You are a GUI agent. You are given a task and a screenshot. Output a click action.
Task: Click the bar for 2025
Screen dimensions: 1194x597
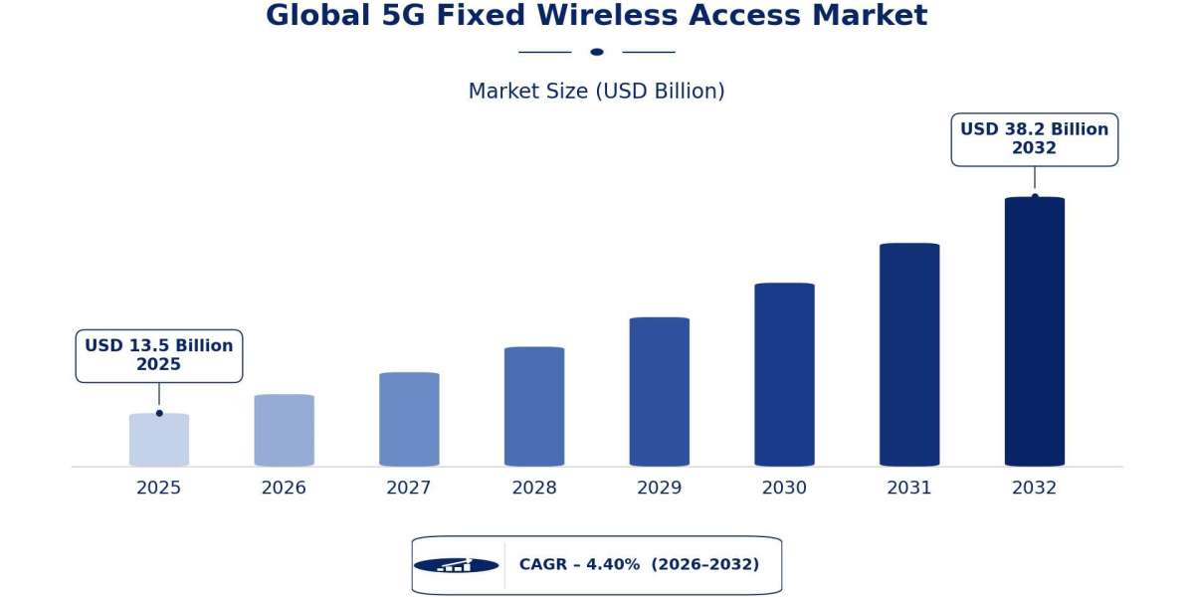coord(159,440)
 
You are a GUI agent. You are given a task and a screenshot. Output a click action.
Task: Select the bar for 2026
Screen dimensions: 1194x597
coord(285,430)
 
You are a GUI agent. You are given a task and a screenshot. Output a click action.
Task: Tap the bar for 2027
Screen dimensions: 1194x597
coord(409,419)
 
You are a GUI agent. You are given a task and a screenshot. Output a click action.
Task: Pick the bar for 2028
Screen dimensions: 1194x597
coord(534,406)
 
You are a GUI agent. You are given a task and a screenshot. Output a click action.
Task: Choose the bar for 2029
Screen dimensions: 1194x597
coord(660,392)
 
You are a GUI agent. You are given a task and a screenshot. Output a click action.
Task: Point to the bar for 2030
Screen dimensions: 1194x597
coord(785,374)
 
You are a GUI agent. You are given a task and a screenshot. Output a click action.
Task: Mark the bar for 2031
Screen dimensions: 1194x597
coord(909,354)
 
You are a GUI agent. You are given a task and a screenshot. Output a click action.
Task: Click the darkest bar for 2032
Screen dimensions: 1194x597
coord(1035,331)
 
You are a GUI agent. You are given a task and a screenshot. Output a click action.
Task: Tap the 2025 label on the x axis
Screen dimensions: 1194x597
coord(159,488)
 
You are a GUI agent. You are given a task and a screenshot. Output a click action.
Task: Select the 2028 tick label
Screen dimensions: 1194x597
coord(534,488)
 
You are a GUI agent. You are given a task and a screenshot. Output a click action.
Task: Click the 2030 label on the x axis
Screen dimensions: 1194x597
coord(784,488)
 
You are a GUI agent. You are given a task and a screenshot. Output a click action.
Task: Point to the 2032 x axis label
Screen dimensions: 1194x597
coord(1034,488)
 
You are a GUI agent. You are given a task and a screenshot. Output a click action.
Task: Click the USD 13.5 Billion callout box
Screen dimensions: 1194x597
coord(159,355)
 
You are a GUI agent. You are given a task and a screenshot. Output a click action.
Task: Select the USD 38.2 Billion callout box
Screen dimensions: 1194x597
coord(1035,139)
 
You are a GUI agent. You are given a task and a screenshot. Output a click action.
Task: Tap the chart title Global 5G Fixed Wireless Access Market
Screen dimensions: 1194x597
coord(597,15)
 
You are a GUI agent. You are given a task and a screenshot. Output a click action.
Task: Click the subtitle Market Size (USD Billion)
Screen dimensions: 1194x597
coord(596,92)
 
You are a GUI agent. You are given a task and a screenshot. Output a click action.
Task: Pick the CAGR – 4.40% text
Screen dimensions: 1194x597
coord(579,564)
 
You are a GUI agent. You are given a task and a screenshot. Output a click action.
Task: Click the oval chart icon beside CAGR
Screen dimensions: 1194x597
coord(457,565)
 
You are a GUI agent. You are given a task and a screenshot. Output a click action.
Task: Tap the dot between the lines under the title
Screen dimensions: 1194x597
coord(597,52)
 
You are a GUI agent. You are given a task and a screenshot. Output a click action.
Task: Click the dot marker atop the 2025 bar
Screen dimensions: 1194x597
coord(159,413)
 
